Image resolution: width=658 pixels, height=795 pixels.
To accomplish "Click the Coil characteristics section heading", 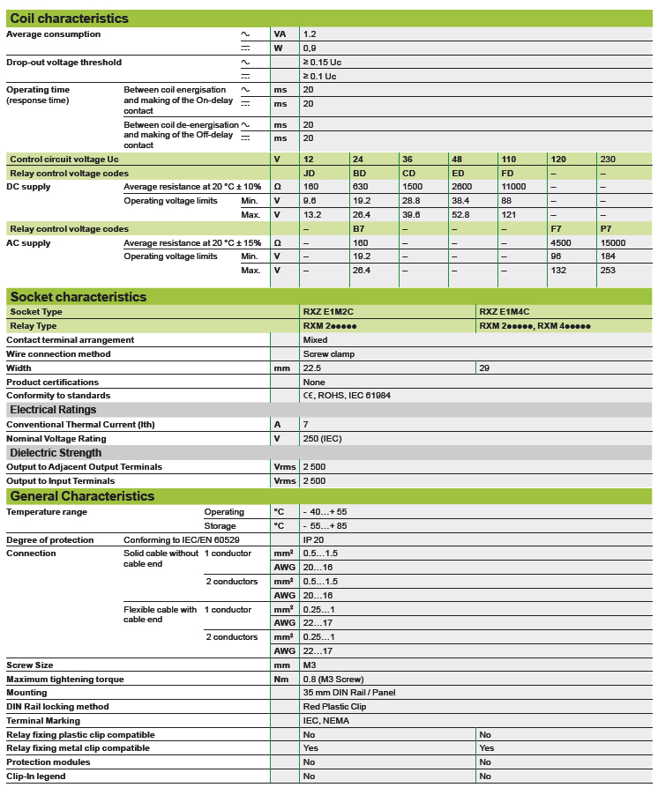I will pyautogui.click(x=69, y=19).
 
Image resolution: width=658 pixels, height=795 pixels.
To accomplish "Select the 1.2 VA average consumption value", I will pyautogui.click(x=310, y=34).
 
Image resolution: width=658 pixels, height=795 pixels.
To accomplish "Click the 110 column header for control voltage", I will pyautogui.click(x=508, y=160).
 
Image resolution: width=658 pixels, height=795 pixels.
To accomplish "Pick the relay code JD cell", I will pyautogui.click(x=309, y=174).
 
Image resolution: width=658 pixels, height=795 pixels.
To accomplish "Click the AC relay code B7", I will pyautogui.click(x=358, y=229).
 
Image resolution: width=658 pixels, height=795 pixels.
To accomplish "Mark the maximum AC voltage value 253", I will pyautogui.click(x=608, y=271).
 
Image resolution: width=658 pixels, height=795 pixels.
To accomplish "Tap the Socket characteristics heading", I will pyautogui.click(x=79, y=297).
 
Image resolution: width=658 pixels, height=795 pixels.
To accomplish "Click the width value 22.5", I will pyautogui.click(x=312, y=368).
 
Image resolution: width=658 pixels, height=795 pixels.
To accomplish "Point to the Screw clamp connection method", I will pyautogui.click(x=326, y=354).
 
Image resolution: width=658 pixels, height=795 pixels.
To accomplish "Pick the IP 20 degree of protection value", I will pyautogui.click(x=314, y=539).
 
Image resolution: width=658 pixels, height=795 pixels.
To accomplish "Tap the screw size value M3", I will pyautogui.click(x=310, y=665).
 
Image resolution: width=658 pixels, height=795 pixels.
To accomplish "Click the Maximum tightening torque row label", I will pyautogui.click(x=65, y=680).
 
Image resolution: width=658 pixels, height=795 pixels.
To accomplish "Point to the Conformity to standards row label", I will pyautogui.click(x=58, y=396).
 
